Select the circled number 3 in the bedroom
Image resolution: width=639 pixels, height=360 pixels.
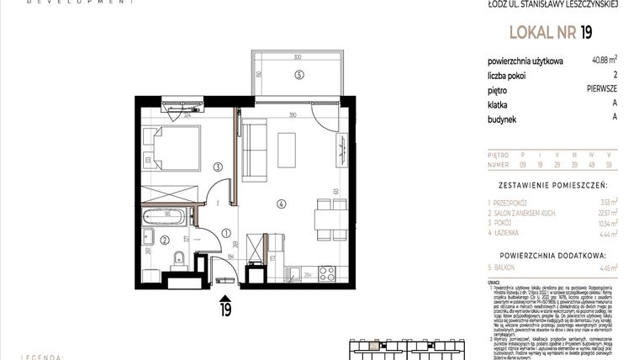tap(217, 167)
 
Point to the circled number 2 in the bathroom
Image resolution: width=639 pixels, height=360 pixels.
tap(163, 240)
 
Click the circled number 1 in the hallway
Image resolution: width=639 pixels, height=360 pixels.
tap(225, 233)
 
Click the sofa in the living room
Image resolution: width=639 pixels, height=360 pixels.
tap(254, 150)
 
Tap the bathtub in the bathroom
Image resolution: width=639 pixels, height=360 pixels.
tap(169, 218)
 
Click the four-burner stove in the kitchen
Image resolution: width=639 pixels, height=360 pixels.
tap(326, 272)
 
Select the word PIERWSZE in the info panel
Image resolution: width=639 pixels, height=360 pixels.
tap(602, 87)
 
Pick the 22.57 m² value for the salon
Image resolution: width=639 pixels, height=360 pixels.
tap(606, 213)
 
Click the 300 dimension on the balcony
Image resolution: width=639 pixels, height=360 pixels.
tap(297, 57)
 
